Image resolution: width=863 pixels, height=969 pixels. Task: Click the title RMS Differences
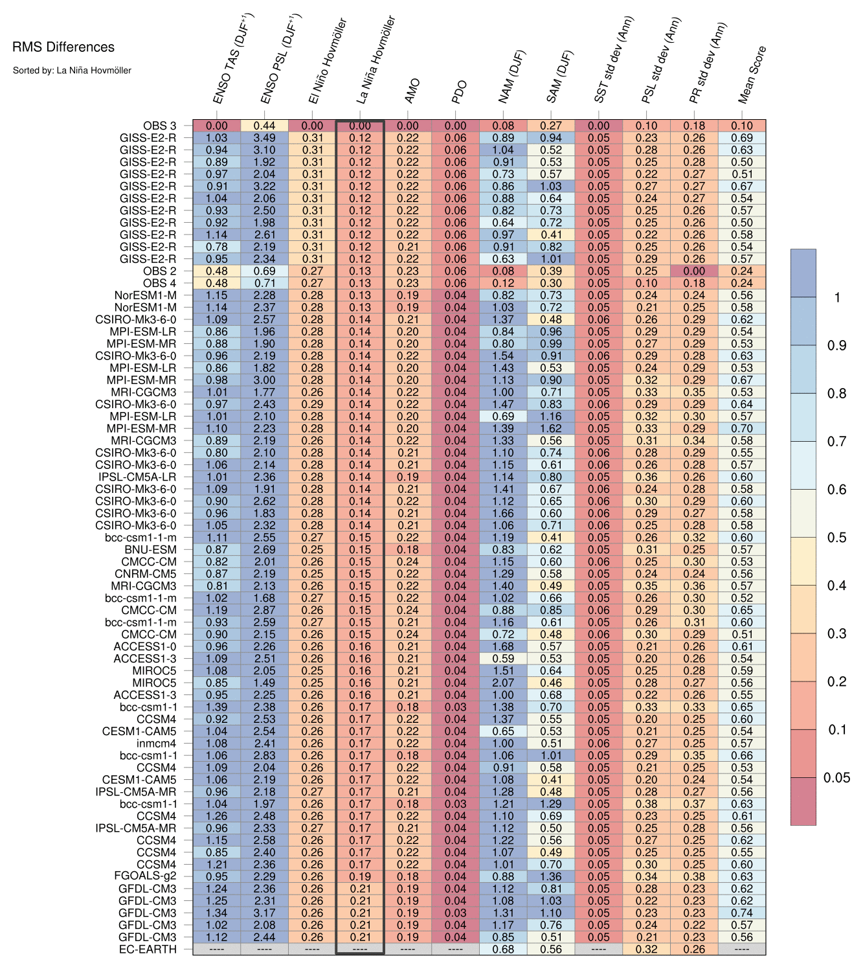pyautogui.click(x=63, y=47)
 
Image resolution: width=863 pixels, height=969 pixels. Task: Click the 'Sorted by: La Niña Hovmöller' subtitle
pyautogui.click(x=72, y=70)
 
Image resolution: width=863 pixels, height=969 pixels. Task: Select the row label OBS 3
pyautogui.click(x=159, y=126)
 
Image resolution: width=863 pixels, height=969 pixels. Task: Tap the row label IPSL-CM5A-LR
pyautogui.click(x=136, y=477)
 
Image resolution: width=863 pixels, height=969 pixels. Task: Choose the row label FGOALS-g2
pyautogui.click(x=145, y=876)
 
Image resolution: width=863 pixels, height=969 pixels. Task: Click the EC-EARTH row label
pyautogui.click(x=148, y=950)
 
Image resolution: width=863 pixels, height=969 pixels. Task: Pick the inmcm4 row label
pyautogui.click(x=157, y=744)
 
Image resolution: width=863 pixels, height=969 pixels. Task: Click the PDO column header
pyautogui.click(x=459, y=92)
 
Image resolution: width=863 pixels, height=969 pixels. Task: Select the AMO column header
pyautogui.click(x=412, y=91)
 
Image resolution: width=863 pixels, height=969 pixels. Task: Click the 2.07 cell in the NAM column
pyautogui.click(x=503, y=683)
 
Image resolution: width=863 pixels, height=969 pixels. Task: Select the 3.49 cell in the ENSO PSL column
pyautogui.click(x=264, y=138)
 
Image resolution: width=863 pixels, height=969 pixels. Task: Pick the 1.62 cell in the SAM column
pyautogui.click(x=551, y=429)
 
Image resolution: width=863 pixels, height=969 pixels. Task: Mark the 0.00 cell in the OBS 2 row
pyautogui.click(x=694, y=271)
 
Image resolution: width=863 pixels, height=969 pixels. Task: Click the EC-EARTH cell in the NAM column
pyautogui.click(x=503, y=950)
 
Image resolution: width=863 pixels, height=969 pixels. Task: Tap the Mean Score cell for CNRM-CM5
pyautogui.click(x=742, y=574)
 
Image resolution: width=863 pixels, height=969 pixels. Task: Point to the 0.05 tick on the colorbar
pyautogui.click(x=836, y=778)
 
